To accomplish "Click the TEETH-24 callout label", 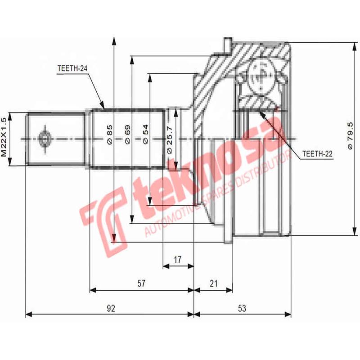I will tap(72, 69).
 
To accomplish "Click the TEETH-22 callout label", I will tap(317, 153).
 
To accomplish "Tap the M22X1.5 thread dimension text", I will tap(4, 137).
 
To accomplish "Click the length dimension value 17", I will tap(177, 259).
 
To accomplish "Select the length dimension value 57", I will tap(141, 283).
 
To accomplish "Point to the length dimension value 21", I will tap(214, 283).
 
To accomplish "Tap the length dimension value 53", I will tap(242, 308).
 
